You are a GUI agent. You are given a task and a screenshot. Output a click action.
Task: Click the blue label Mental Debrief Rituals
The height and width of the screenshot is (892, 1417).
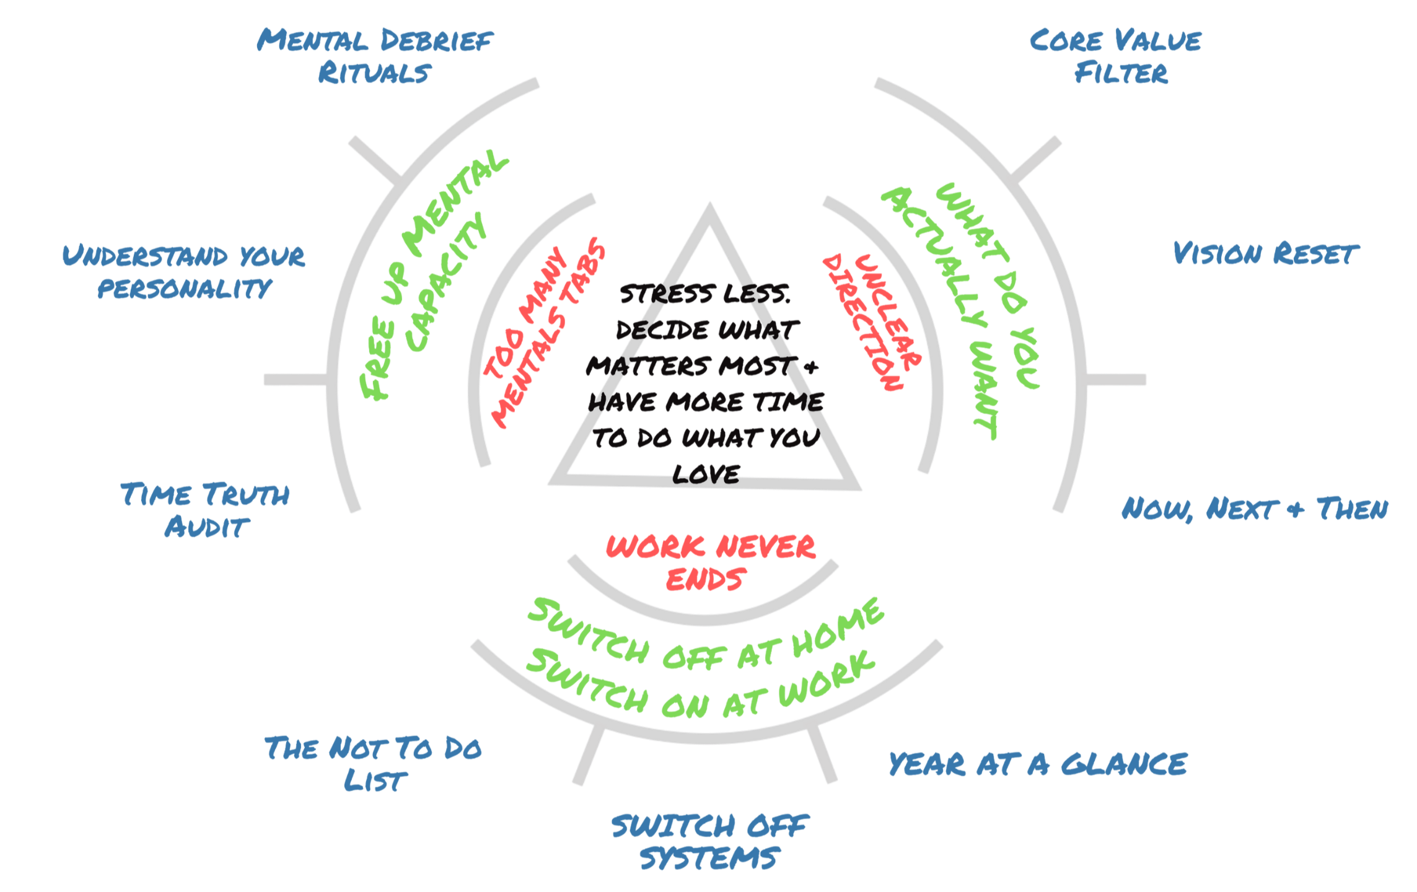(x=374, y=56)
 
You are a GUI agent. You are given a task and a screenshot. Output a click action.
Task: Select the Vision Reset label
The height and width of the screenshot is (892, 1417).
(x=1264, y=254)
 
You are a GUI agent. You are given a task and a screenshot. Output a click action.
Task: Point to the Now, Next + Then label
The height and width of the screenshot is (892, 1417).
(x=1254, y=509)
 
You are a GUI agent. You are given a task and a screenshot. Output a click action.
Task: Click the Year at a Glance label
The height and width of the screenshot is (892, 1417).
(x=1037, y=764)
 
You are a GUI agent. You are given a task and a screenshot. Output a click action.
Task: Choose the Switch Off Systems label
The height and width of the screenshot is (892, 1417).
(x=710, y=842)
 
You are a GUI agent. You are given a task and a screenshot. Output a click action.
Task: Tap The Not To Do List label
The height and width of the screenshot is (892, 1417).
(x=374, y=763)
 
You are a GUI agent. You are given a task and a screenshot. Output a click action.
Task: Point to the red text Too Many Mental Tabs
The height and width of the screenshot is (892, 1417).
(x=544, y=334)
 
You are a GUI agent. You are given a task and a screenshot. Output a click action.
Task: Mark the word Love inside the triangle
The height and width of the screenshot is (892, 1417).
(x=706, y=475)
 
